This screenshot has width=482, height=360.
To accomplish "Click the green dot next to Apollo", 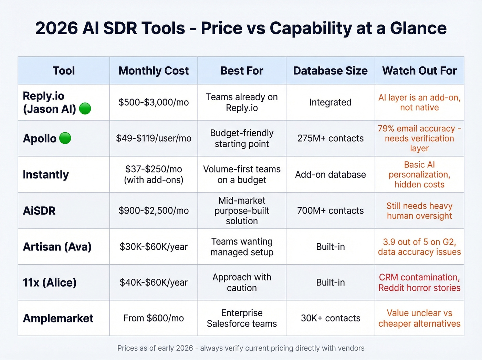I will [65, 138].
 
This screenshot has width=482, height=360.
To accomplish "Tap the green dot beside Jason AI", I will [85, 109].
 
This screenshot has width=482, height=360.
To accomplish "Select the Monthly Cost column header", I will [154, 71].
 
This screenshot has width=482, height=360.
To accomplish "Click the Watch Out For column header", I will [419, 71].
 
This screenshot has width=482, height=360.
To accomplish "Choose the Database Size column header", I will [330, 71].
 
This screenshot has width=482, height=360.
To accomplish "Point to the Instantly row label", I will [46, 175].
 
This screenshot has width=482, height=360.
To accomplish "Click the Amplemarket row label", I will [58, 318].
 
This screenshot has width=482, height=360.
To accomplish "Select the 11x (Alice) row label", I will [50, 282].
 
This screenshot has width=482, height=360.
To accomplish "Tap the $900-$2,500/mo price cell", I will [154, 210].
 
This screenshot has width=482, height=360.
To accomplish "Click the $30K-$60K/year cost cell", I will [154, 247].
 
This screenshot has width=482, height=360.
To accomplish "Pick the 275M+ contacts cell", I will [330, 138].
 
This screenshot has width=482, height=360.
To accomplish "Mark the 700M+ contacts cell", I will [330, 210].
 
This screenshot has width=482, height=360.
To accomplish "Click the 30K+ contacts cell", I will [330, 318].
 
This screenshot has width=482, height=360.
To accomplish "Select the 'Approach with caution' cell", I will [242, 282].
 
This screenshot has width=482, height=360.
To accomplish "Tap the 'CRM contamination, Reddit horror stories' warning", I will [419, 282].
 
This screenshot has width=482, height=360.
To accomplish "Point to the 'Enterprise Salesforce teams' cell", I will [242, 318].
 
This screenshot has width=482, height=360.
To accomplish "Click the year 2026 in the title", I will [56, 28].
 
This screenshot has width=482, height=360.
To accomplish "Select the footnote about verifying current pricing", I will [241, 348].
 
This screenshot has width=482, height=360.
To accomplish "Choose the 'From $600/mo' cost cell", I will [154, 318].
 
